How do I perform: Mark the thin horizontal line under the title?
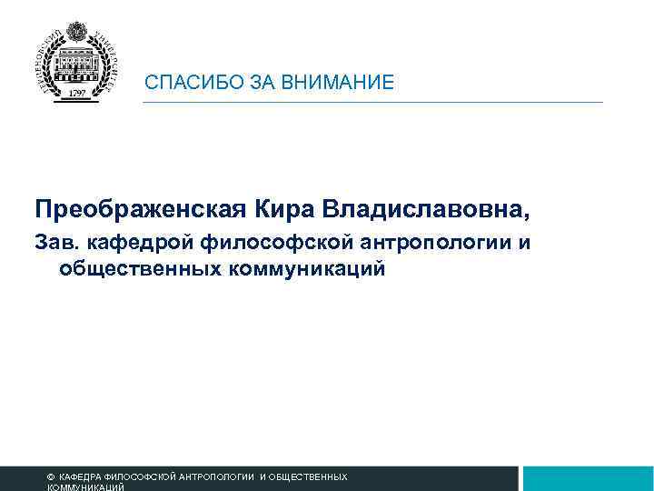coord(372,102)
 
